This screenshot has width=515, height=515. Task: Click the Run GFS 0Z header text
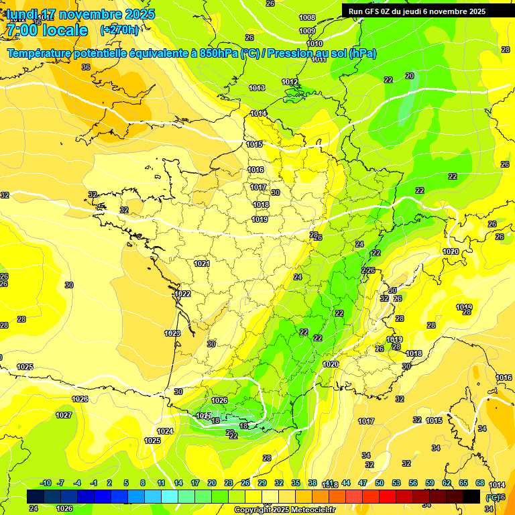[x=416, y=11]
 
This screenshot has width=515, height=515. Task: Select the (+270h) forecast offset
[x=119, y=30]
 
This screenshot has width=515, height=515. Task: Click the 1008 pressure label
[x=307, y=17]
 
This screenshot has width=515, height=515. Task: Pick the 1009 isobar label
[x=307, y=31]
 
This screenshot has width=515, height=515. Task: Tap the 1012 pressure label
[x=290, y=82]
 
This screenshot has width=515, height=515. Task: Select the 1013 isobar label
[x=257, y=88]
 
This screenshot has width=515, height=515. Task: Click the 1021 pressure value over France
[x=202, y=264]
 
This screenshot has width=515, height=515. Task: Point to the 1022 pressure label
[x=182, y=294]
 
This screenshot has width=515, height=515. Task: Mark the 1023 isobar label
[x=172, y=333]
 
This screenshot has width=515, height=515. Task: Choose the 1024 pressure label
[x=165, y=431]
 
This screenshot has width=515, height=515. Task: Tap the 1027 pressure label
[x=64, y=415]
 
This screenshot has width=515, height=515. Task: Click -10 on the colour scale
[x=46, y=483]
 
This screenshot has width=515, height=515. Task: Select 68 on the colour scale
[x=480, y=483]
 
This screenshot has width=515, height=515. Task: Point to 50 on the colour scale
[x=380, y=483]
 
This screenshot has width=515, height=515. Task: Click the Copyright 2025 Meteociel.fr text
[x=285, y=510]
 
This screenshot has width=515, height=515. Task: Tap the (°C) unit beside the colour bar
[x=493, y=497]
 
